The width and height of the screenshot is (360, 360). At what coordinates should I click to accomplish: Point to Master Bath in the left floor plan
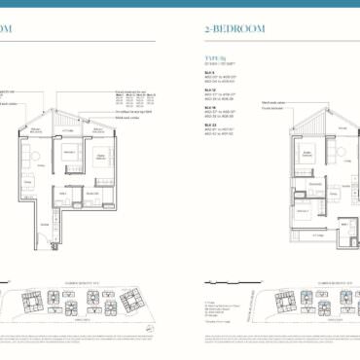point(92,194)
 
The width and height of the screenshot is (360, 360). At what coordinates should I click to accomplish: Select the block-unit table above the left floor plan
point(133,98)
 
